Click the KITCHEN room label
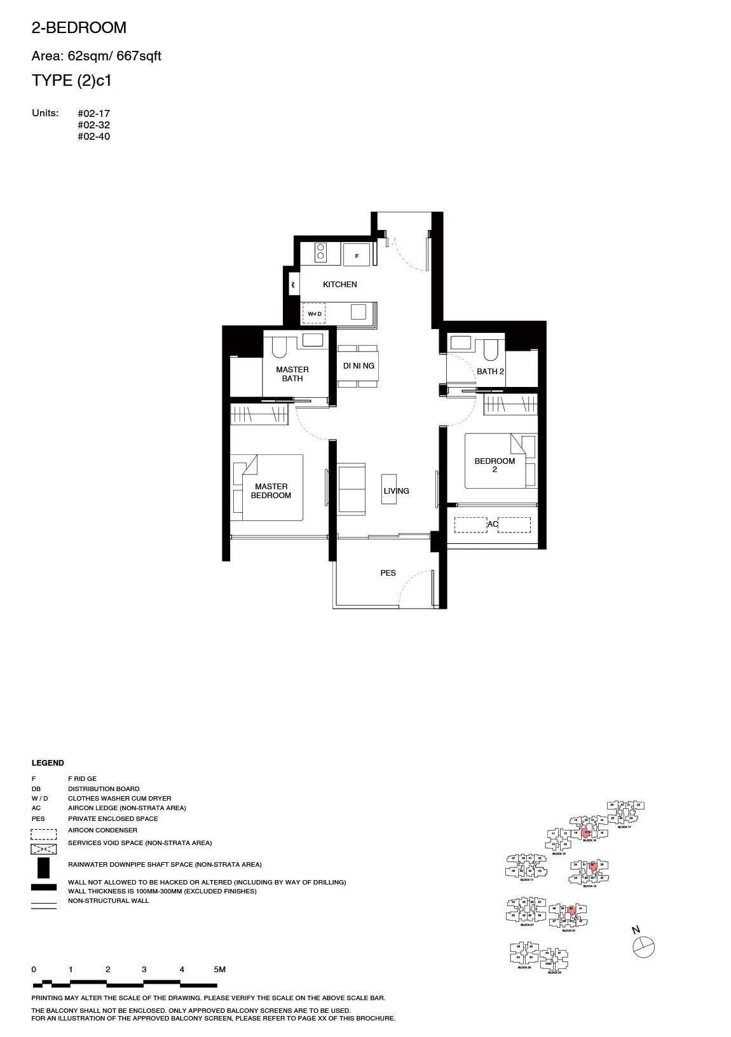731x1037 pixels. tap(339, 285)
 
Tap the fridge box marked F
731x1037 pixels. tap(357, 256)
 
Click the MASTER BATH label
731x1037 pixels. tap(292, 374)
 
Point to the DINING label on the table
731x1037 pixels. tap(359, 366)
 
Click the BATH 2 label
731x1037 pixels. tap(490, 371)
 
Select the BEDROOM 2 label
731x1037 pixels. tap(495, 465)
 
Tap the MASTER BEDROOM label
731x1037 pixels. tap(271, 491)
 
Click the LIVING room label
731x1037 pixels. tap(396, 491)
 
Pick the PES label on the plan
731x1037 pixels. tap(388, 573)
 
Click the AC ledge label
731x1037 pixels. tap(493, 524)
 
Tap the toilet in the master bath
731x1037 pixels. tap(280, 347)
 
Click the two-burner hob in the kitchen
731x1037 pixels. tap(320, 252)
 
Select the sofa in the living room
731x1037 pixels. tap(352, 488)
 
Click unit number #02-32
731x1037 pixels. tap(93, 125)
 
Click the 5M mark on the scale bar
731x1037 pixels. tap(219, 970)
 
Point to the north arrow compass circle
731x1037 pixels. tap(643, 947)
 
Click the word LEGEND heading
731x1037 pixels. tap(48, 763)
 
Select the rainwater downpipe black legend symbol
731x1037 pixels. tap(43, 867)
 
